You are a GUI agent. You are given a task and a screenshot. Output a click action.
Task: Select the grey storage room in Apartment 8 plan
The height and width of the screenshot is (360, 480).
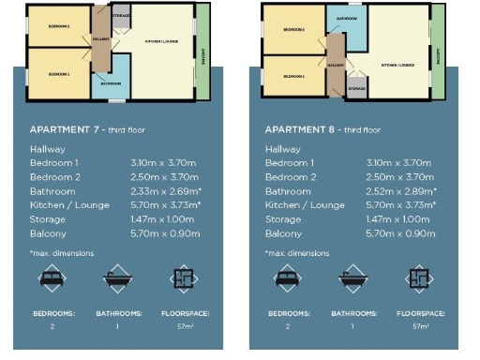[x=356, y=88]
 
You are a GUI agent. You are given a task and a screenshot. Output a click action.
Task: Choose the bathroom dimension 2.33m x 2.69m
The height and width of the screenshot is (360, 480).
[x=164, y=190]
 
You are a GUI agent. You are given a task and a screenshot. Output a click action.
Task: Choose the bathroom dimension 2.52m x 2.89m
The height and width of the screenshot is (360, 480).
[x=400, y=190]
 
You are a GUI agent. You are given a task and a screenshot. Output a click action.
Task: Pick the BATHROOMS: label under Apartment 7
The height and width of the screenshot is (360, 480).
[x=118, y=313]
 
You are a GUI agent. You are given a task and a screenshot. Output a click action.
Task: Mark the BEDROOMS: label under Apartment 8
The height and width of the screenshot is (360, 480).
[x=287, y=313]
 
